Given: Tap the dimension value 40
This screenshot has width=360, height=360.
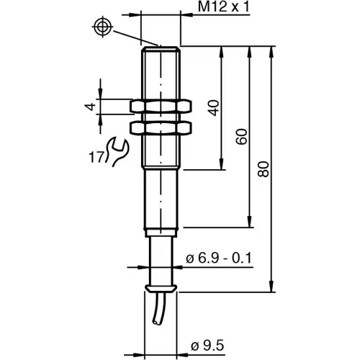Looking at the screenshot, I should pyautogui.click(x=212, y=108).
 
